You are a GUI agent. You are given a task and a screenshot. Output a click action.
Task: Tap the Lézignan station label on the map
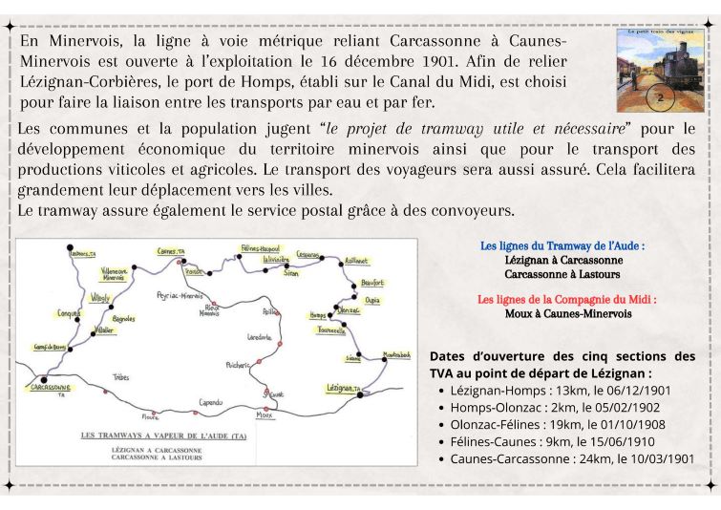(347, 388)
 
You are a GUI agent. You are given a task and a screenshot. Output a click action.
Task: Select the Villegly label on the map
(98, 298)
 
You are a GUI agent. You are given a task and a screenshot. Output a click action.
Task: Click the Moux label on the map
(265, 415)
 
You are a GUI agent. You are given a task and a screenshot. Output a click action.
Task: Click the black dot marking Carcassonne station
(44, 379)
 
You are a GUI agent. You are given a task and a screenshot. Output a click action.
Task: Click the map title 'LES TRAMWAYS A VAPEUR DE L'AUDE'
(164, 436)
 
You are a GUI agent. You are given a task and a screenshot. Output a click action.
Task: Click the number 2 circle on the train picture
(660, 96)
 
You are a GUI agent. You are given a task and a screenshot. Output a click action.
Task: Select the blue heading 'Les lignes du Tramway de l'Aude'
(562, 245)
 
